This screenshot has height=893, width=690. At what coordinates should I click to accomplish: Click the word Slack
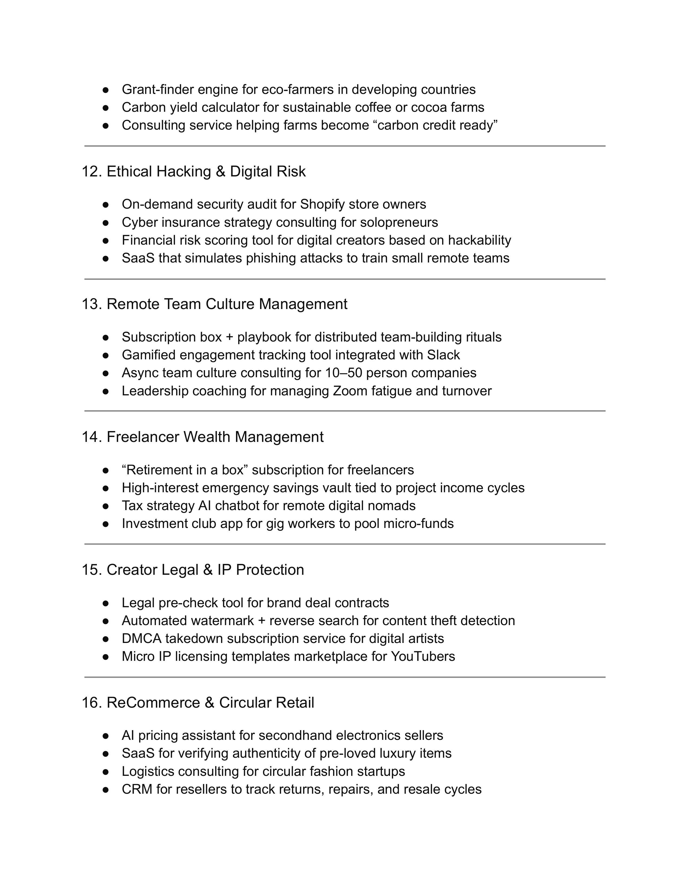(x=443, y=355)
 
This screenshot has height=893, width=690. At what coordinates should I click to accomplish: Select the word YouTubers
(x=423, y=656)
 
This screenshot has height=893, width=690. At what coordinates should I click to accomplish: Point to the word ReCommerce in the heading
(x=153, y=702)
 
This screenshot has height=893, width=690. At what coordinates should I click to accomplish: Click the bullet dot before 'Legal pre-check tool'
(x=106, y=603)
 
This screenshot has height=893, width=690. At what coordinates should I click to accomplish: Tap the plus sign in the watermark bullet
(x=262, y=621)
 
